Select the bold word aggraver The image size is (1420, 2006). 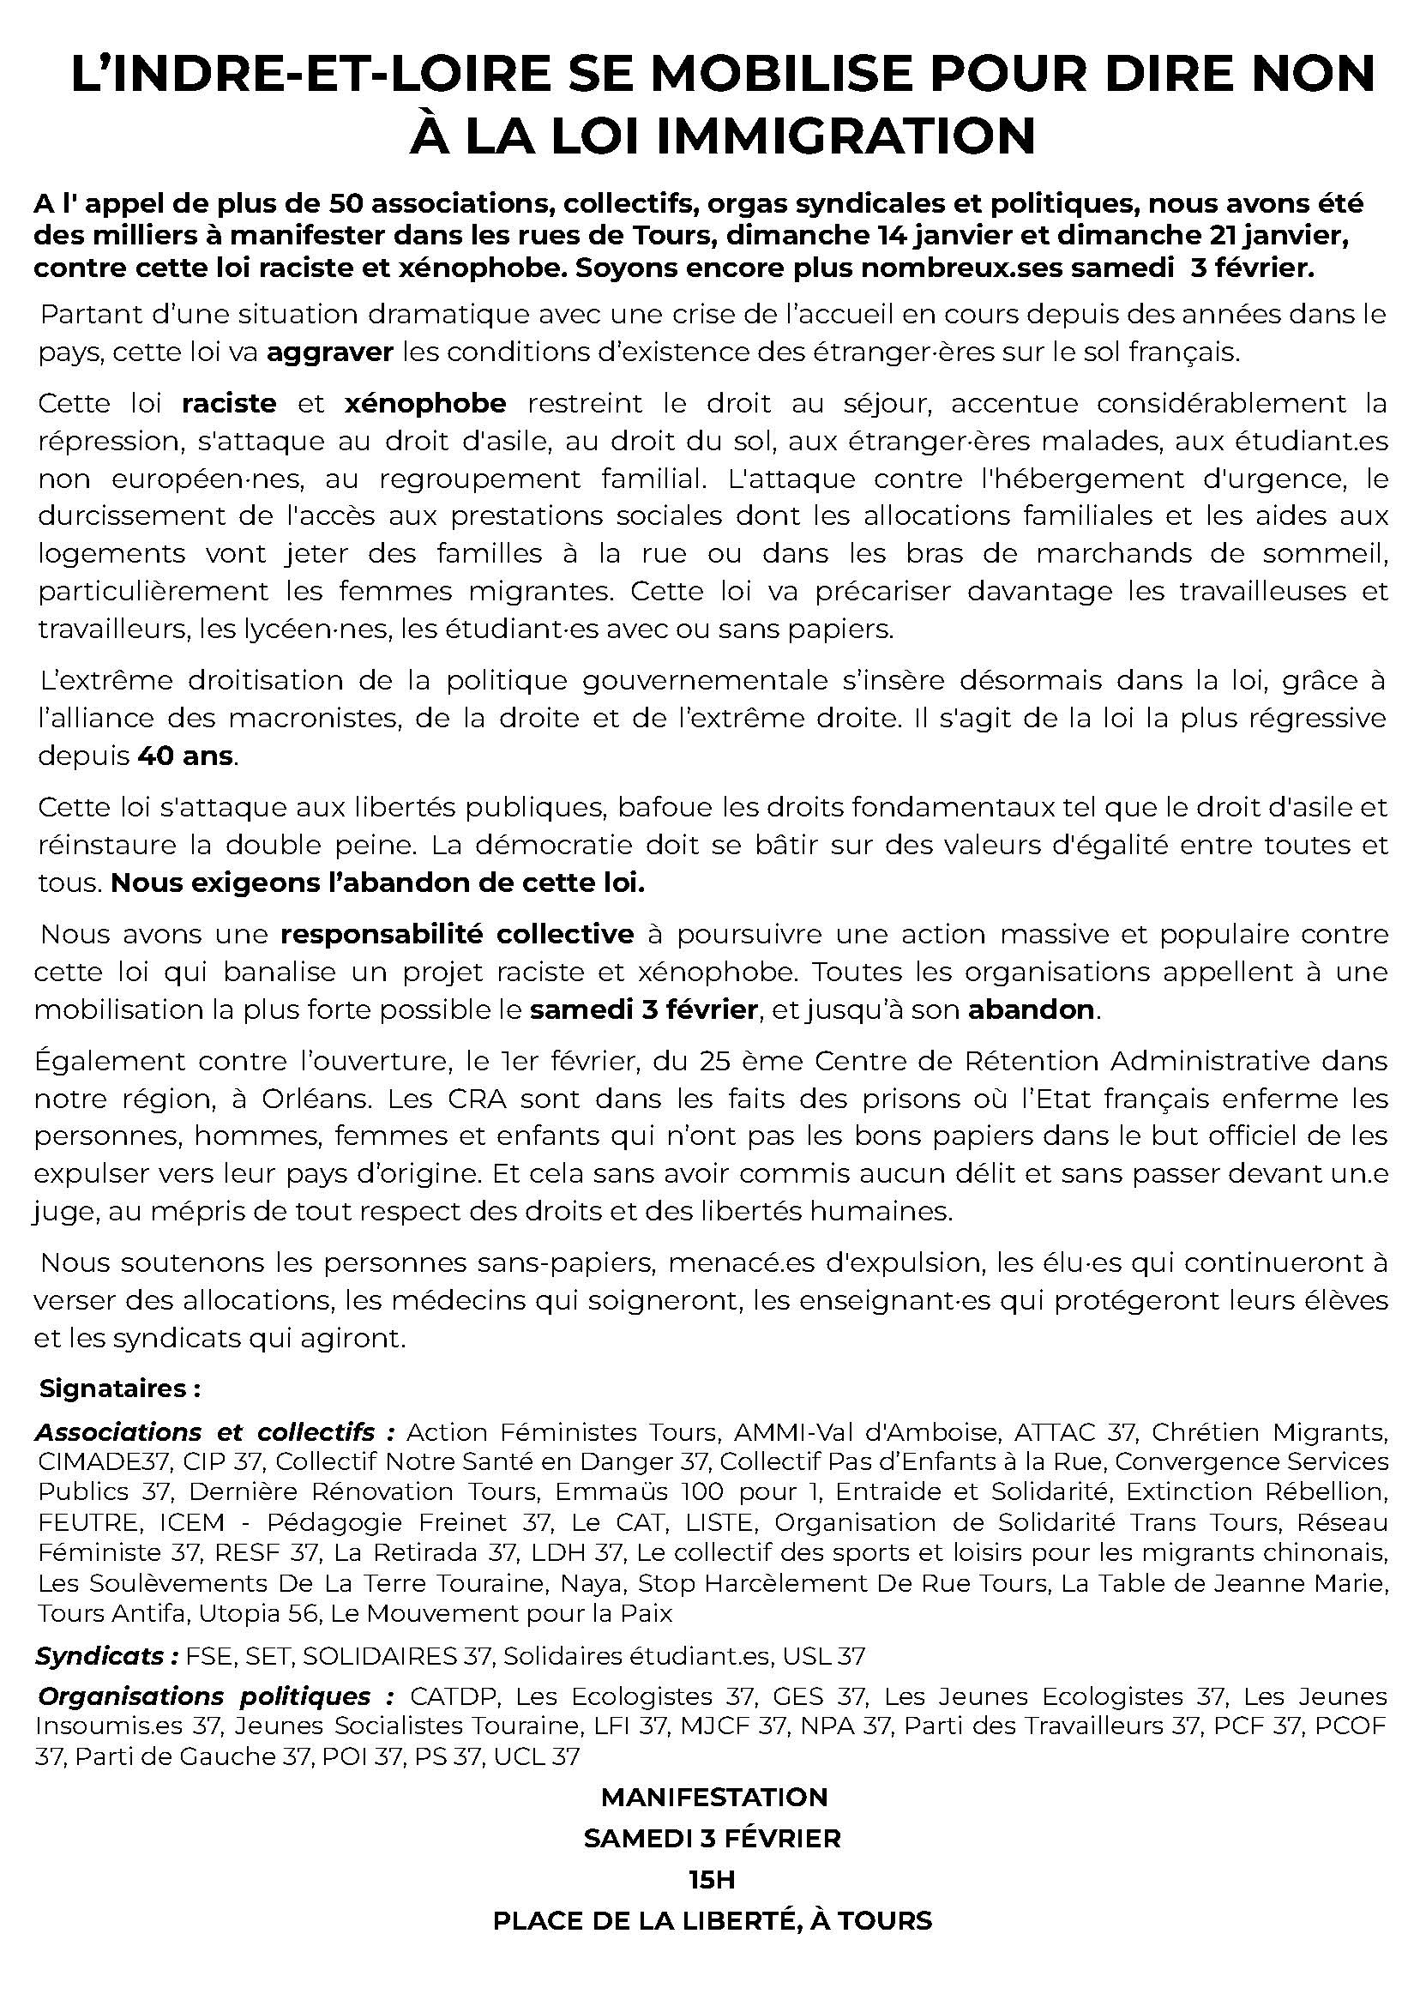coord(330,352)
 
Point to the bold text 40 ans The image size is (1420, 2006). coord(185,756)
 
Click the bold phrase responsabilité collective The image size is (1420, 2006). coord(456,934)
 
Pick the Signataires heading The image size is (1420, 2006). coord(120,1389)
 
